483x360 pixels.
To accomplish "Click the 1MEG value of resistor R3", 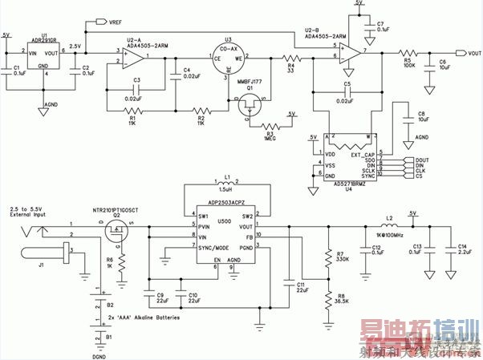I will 271,138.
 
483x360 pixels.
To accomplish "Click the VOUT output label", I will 469,52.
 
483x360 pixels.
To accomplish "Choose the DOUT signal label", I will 424,160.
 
